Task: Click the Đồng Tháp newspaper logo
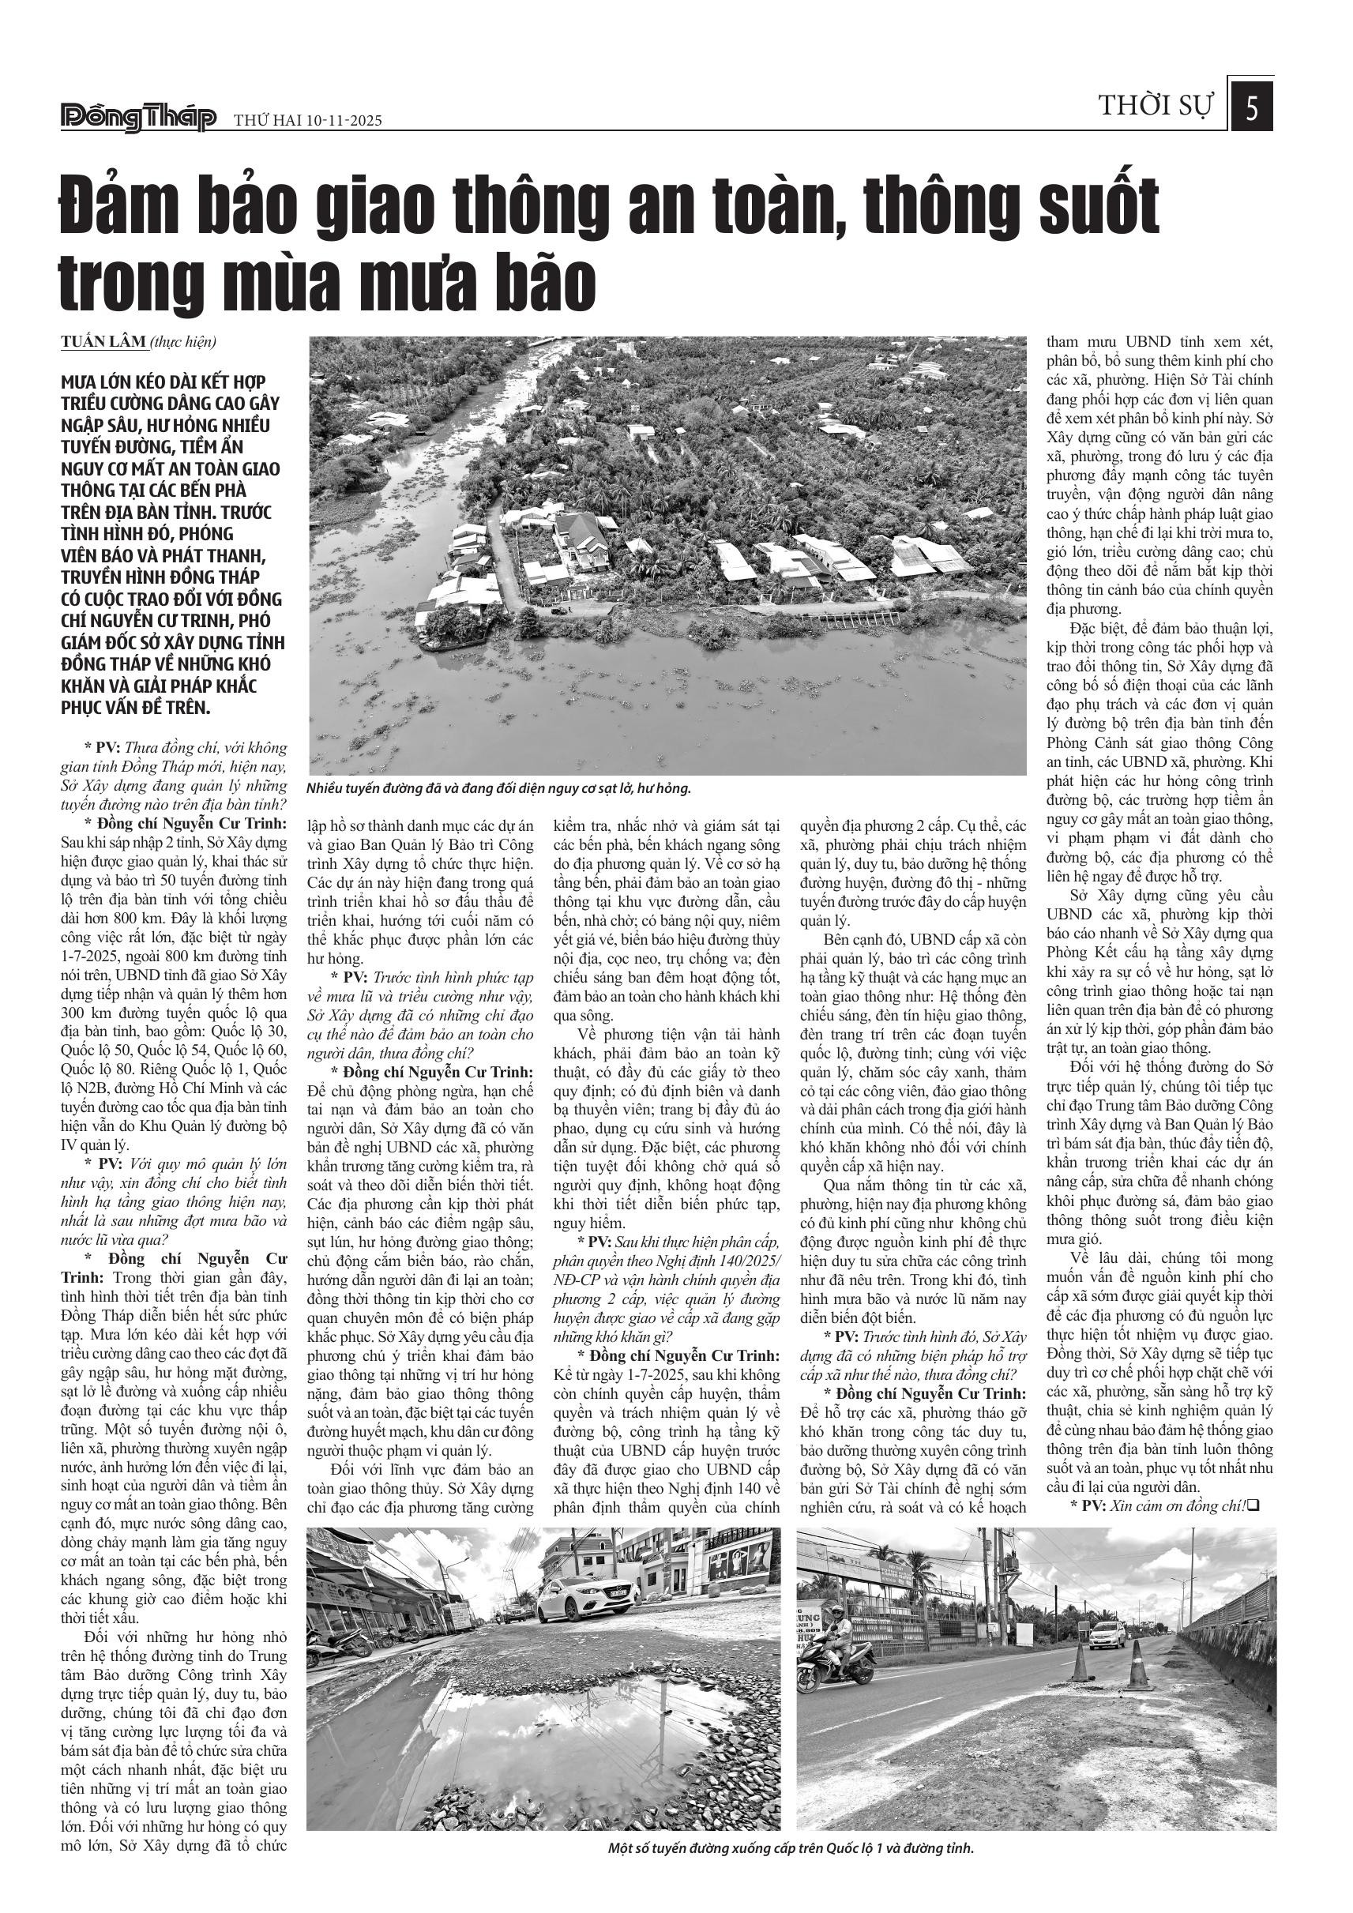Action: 138,118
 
